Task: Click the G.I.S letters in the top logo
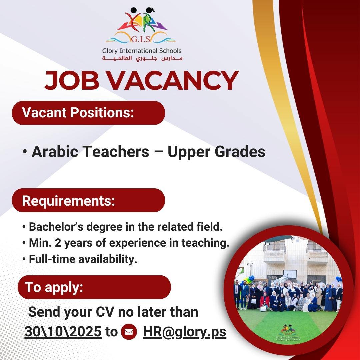pyautogui.click(x=141, y=39)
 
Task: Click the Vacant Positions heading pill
pyautogui.click(x=88, y=113)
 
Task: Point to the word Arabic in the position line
pyautogui.click(x=55, y=152)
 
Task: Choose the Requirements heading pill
pyautogui.click(x=88, y=200)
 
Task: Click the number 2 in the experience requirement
pyautogui.click(x=58, y=243)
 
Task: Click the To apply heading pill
pyautogui.click(x=94, y=287)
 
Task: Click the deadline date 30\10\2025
pyautogui.click(x=63, y=332)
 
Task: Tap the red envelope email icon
pyautogui.click(x=129, y=332)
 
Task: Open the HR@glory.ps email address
pyautogui.click(x=185, y=332)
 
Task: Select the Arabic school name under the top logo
pyautogui.click(x=142, y=58)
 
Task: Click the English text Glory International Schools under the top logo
pyautogui.click(x=142, y=51)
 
